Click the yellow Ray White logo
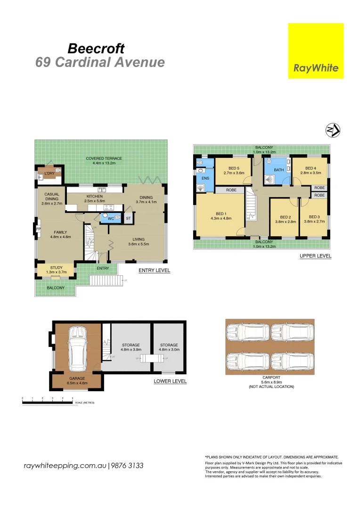315,51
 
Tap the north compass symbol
333,131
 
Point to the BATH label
279,170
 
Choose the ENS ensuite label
205,179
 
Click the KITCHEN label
94,196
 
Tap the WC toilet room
111,219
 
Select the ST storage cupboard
128,219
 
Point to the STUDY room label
56,268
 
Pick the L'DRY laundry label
49,174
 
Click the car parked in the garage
77,348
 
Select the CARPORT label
271,378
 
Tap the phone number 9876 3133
128,466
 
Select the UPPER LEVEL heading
315,256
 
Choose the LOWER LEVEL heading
170,381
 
